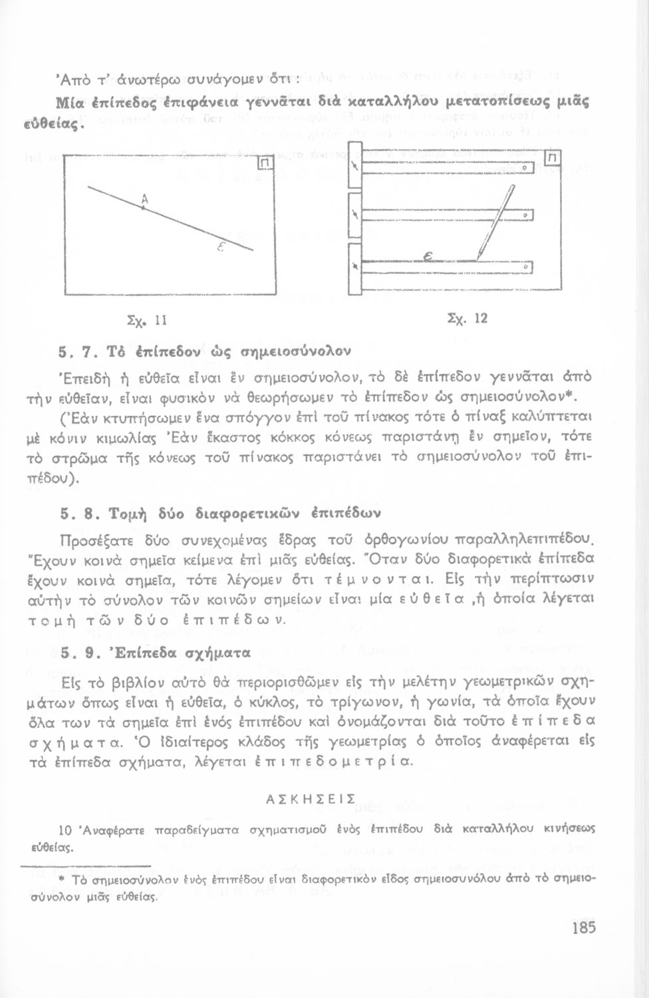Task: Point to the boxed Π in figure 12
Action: click(x=552, y=158)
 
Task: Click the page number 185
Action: click(x=583, y=927)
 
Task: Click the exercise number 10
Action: click(x=65, y=830)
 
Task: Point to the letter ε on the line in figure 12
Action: click(x=429, y=257)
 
